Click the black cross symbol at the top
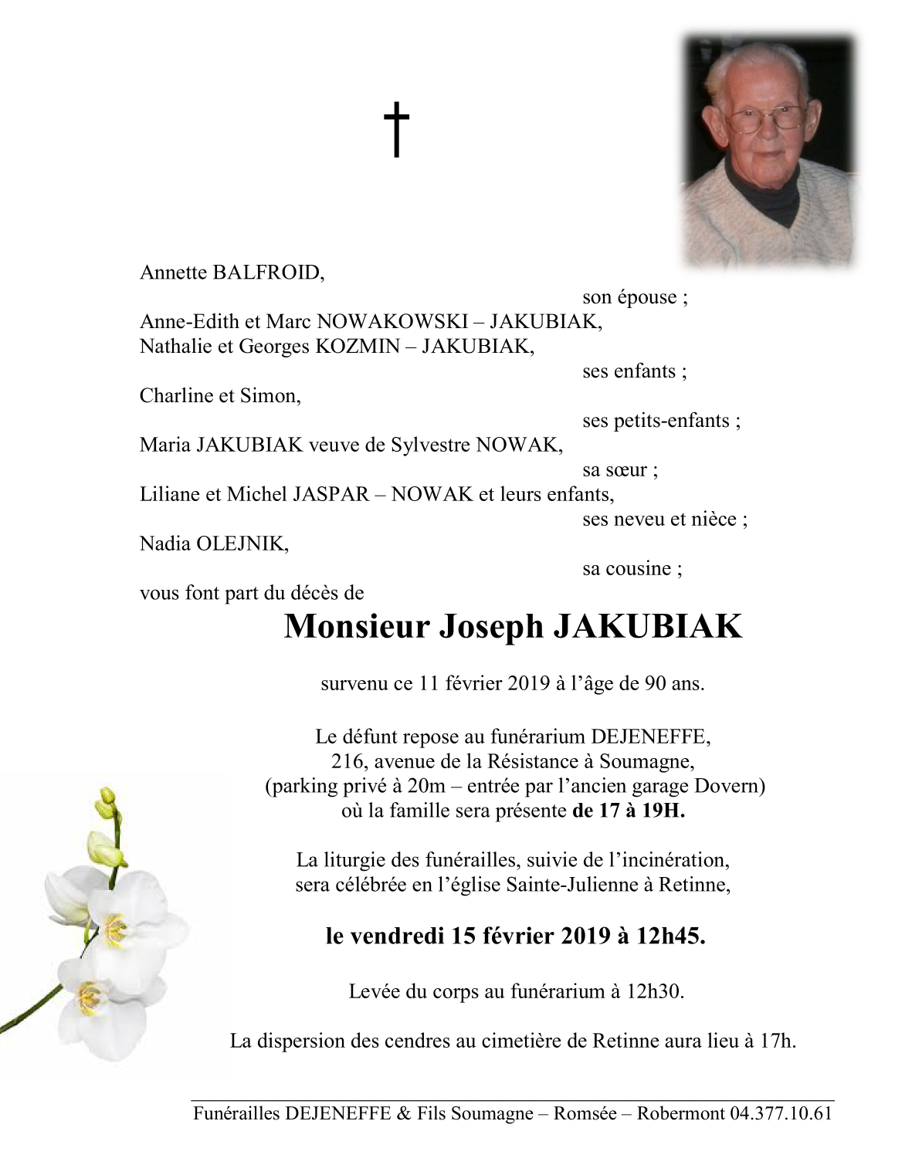[396, 129]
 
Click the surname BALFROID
[267, 273]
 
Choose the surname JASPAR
[331, 495]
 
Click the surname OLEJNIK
[241, 544]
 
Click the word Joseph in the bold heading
[491, 627]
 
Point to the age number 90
[656, 684]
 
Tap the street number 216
[348, 762]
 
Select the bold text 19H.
[664, 811]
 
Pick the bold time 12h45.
[670, 936]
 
